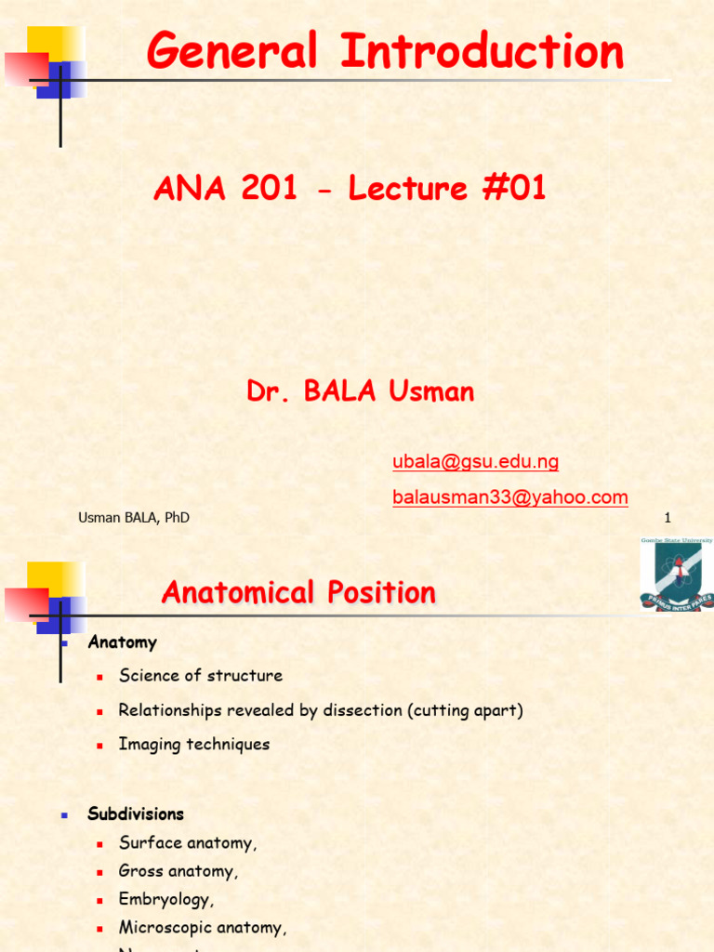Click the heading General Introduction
[x=385, y=51]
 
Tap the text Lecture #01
[x=447, y=189]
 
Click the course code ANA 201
[x=226, y=189]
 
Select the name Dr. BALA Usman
[x=361, y=391]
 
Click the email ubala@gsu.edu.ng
[x=475, y=462]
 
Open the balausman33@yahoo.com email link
[x=509, y=497]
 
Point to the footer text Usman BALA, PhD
[x=134, y=518]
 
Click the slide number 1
[x=668, y=518]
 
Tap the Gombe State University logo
[x=676, y=575]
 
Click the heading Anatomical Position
[x=298, y=592]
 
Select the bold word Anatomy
[x=122, y=642]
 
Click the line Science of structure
[x=200, y=676]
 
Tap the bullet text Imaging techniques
[x=193, y=744]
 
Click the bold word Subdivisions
[x=136, y=813]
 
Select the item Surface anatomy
[x=187, y=843]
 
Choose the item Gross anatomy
[x=178, y=871]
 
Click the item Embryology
[x=165, y=899]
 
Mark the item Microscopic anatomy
[x=202, y=927]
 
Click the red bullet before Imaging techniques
[x=99, y=745]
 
